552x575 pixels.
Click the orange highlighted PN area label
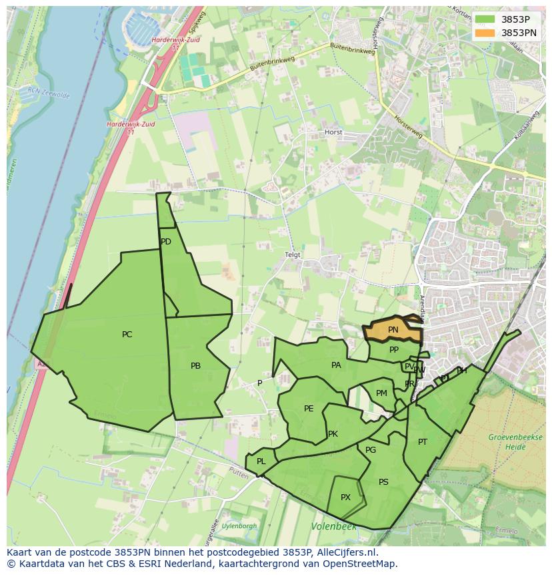pos(393,330)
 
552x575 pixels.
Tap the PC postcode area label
pos(127,335)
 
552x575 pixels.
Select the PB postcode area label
pos(195,366)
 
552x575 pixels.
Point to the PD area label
pos(166,242)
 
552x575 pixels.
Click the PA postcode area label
pos(336,365)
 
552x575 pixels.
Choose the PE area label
pos(309,409)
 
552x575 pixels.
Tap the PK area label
pos(333,434)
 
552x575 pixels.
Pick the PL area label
pos(261,461)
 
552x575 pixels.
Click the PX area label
pos(345,498)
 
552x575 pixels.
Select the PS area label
pos(383,482)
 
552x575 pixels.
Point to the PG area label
pos(371,450)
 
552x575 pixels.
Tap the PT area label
pos(423,442)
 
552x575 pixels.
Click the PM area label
pos(381,393)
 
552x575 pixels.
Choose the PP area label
pos(394,350)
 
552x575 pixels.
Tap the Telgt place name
pos(293,255)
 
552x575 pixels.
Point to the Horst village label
pos(333,132)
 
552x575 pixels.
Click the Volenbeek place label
pos(333,527)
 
